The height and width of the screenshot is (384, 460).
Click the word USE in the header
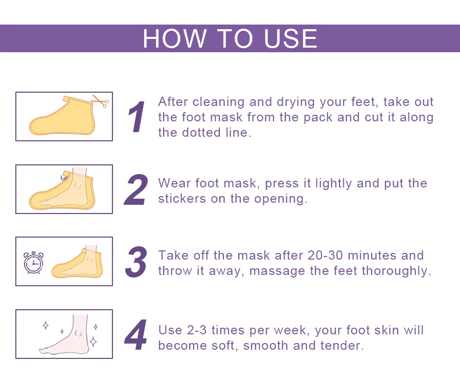290,38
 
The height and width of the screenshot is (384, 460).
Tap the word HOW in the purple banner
174,38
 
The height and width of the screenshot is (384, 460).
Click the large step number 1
136,117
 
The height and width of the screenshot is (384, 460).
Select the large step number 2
136,189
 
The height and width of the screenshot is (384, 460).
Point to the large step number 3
136,262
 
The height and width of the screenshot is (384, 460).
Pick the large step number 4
135,335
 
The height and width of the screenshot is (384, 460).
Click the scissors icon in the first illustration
100,101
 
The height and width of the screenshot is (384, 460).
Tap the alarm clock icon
33,263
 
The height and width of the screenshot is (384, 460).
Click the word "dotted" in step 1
201,133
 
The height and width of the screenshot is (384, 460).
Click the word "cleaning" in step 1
218,102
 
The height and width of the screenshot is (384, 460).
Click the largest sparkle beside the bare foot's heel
94,342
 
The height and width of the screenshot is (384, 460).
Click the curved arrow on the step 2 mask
63,177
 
